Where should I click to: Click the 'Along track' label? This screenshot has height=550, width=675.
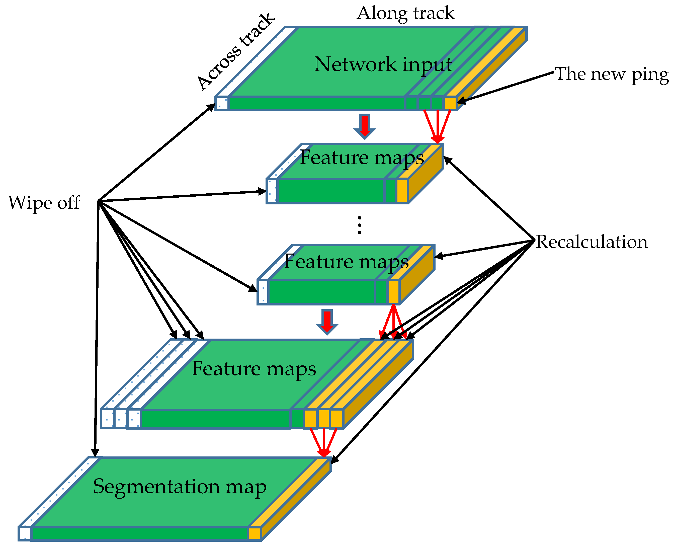[x=405, y=13]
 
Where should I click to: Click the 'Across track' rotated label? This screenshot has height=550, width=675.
[x=236, y=52]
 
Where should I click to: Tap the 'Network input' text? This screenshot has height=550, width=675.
[x=383, y=64]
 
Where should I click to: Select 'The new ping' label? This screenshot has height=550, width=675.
[x=611, y=74]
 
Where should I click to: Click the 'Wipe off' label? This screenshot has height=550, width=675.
[x=44, y=202]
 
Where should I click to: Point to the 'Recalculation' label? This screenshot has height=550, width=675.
[x=591, y=242]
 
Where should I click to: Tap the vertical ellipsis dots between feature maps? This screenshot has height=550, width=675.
[x=359, y=225]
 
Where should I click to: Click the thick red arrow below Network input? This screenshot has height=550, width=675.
[x=365, y=126]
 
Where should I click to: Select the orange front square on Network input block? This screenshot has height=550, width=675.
[x=450, y=103]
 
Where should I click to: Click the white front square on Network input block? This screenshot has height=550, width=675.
[x=222, y=103]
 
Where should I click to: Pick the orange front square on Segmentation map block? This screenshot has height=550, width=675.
[x=254, y=533]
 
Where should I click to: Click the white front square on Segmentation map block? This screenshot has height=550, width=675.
[x=25, y=533]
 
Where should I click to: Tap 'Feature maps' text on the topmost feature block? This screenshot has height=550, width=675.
[x=361, y=158]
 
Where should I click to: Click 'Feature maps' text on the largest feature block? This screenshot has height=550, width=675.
[x=254, y=369]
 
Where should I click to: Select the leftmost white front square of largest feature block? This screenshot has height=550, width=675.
[x=107, y=419]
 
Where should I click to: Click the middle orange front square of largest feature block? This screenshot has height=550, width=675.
[x=323, y=419]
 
